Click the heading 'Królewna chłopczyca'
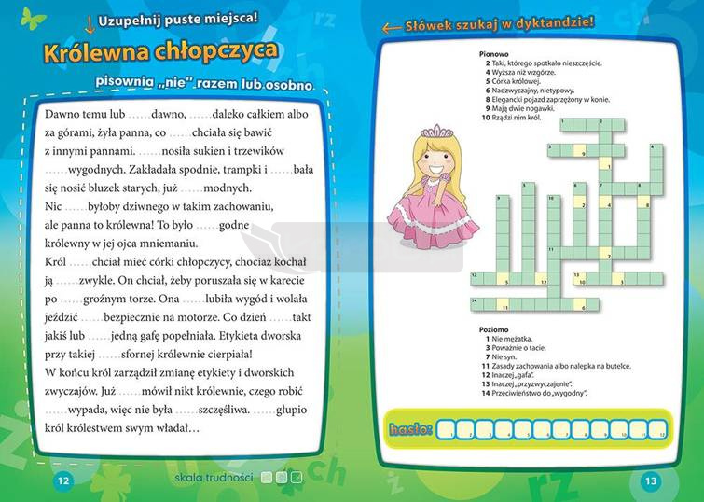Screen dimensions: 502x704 point(160,50)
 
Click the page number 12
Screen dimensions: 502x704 point(62,481)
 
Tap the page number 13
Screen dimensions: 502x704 point(650,481)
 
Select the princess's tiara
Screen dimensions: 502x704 point(430,132)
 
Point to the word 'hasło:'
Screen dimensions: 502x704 point(409,429)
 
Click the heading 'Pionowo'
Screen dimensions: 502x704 point(491,54)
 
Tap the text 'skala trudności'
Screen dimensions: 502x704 point(214,478)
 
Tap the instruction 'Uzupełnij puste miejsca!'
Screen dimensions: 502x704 point(178,17)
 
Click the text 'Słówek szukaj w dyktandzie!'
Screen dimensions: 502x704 point(499,25)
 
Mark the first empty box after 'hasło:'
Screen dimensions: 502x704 point(447,430)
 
